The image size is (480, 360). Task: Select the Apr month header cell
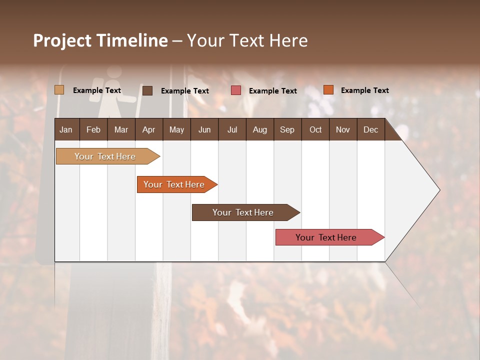pyautogui.click(x=149, y=129)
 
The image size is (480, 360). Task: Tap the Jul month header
pyautogui.click(x=232, y=129)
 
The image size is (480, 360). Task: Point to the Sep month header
pyautogui.click(x=287, y=129)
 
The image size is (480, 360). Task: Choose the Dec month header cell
pyautogui.click(x=371, y=129)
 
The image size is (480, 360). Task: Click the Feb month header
pyautogui.click(x=93, y=129)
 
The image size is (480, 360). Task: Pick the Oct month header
pyautogui.click(x=315, y=129)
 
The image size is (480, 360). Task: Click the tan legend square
pyautogui.click(x=59, y=90)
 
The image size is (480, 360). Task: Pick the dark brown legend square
pyautogui.click(x=147, y=90)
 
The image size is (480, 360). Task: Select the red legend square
pyautogui.click(x=236, y=90)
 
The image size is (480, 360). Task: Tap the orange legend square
pyautogui.click(x=328, y=90)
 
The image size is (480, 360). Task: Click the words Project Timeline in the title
pyautogui.click(x=100, y=40)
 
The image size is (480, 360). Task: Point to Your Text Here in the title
pyautogui.click(x=247, y=40)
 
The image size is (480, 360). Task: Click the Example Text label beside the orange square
pyautogui.click(x=364, y=90)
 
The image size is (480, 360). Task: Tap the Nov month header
pyautogui.click(x=343, y=129)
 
